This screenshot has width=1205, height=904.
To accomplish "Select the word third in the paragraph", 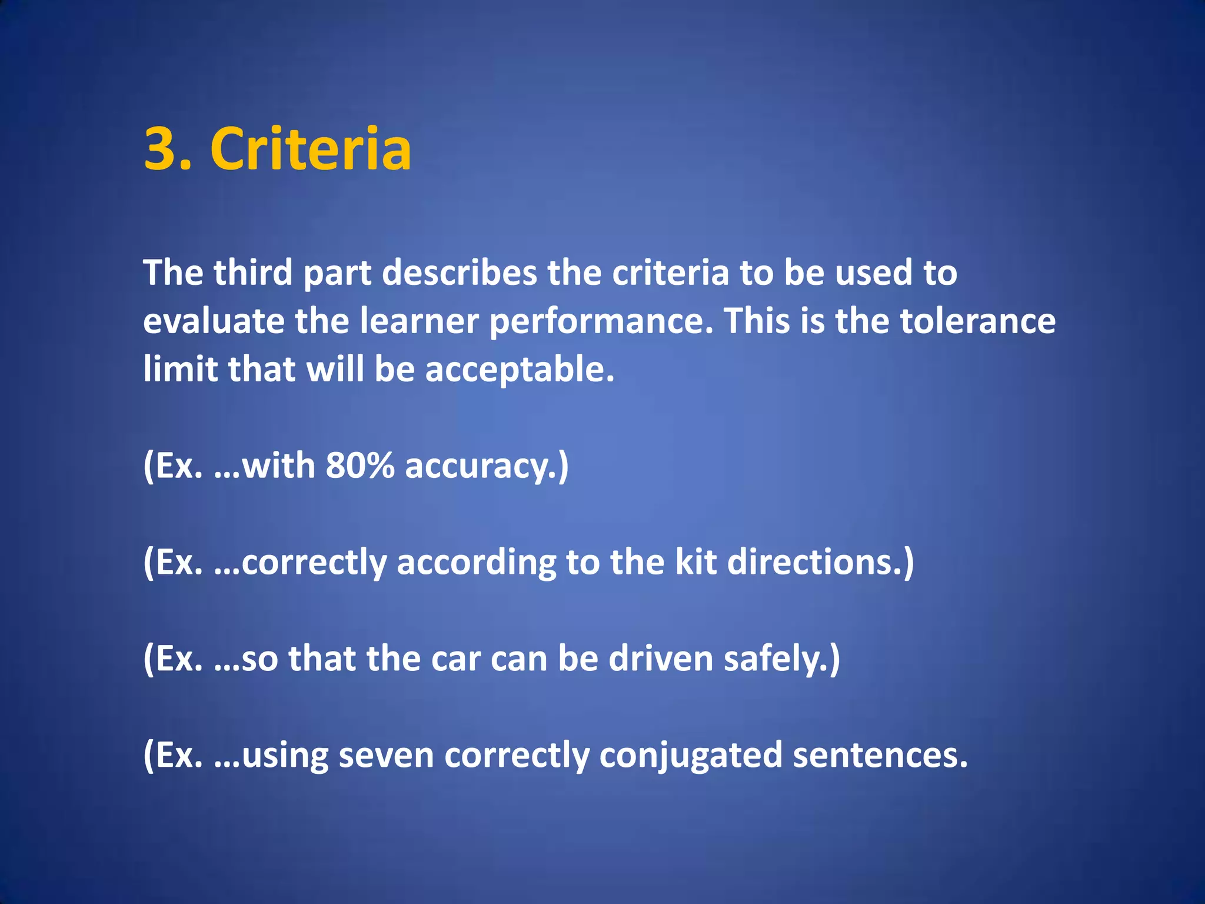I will tap(253, 273).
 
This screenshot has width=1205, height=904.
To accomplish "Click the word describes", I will tap(459, 273).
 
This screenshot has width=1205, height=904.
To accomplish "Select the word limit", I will tap(180, 370).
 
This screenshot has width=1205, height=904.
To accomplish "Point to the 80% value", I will tap(359, 466).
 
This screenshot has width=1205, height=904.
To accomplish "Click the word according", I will tap(476, 563).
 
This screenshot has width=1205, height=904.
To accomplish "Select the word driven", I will tap(661, 659).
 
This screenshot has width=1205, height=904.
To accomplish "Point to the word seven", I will tap(386, 756).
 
